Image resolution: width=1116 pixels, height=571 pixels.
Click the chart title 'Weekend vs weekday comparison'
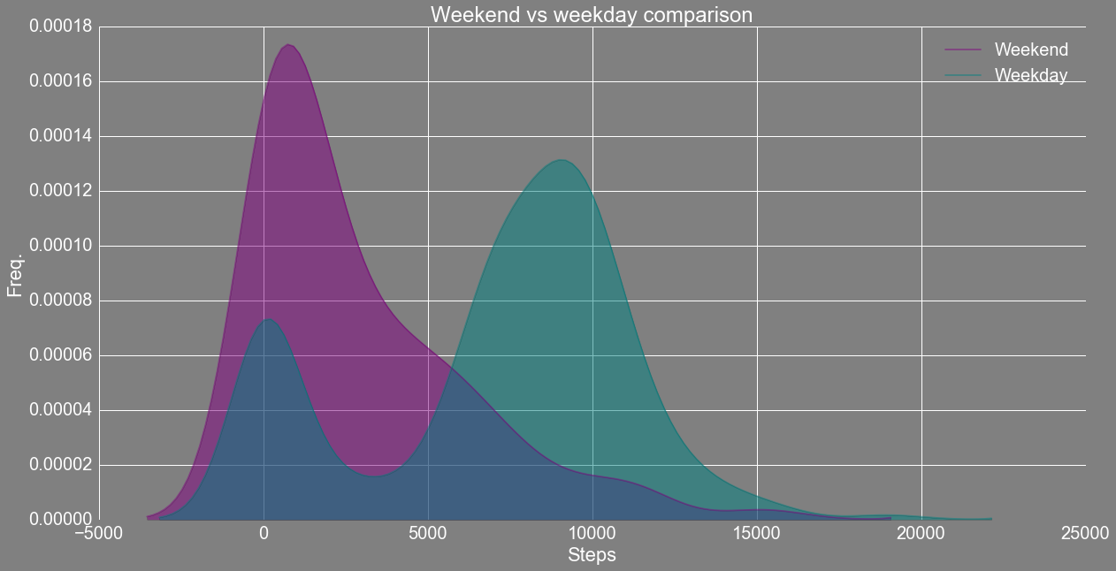pos(591,14)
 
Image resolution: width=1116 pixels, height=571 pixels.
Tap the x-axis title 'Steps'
pos(592,555)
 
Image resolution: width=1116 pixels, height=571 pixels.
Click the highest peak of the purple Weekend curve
pos(288,45)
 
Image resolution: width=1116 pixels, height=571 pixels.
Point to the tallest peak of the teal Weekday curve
pos(562,160)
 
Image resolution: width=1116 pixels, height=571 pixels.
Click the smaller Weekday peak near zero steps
pos(268,319)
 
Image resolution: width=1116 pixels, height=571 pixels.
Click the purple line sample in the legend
pos(963,49)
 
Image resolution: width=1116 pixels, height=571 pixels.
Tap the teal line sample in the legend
pos(963,75)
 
